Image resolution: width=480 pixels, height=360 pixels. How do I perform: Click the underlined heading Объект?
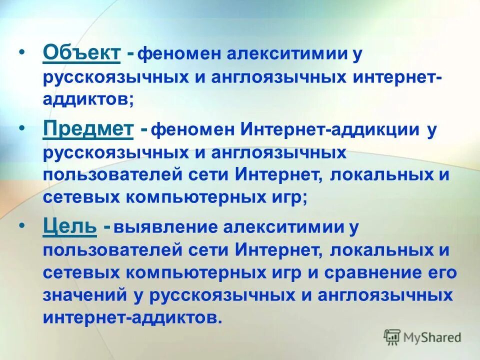tap(81, 52)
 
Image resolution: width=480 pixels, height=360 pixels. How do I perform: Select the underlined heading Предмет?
tap(88, 129)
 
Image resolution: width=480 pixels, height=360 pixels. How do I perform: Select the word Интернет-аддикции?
tap(331, 130)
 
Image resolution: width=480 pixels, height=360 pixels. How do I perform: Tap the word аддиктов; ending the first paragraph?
tap(88, 99)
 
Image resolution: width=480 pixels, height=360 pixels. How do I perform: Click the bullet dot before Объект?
tap(21, 52)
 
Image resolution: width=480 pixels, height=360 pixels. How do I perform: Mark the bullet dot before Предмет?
tap(21, 129)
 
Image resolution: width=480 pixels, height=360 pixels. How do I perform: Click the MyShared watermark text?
tap(433, 337)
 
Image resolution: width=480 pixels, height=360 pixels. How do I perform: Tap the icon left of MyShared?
tap(392, 337)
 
